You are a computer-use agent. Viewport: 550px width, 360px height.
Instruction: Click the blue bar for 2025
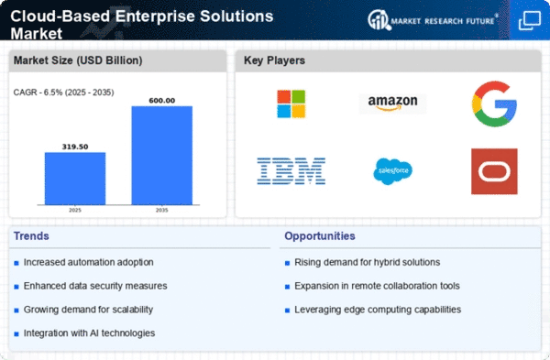tap(75, 179)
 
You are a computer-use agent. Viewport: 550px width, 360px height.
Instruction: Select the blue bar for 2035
tap(162, 156)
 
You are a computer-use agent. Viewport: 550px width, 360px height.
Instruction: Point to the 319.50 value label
tap(75, 147)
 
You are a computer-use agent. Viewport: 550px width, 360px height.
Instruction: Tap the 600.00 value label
tap(162, 101)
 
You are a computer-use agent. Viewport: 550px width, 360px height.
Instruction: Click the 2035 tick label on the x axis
tap(162, 210)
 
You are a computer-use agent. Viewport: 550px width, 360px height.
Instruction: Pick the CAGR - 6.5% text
tap(38, 93)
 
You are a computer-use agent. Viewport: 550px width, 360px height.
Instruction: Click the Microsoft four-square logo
tap(291, 104)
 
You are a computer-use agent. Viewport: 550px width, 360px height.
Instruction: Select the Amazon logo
tap(392, 103)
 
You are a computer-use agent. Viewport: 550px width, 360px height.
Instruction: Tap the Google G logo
tap(494, 104)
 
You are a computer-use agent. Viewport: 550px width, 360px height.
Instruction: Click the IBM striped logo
tap(291, 171)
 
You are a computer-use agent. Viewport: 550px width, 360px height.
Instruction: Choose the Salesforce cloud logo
tap(392, 171)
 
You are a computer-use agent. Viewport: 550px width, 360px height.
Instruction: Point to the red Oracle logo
tap(494, 171)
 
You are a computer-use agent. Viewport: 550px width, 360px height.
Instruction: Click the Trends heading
tap(31, 236)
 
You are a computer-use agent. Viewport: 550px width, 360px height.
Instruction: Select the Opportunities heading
tap(320, 236)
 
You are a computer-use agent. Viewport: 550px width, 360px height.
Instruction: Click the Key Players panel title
tap(274, 60)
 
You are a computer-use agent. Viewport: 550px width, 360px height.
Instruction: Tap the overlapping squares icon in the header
tap(530, 21)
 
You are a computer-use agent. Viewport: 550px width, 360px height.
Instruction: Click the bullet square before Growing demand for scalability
tap(16, 311)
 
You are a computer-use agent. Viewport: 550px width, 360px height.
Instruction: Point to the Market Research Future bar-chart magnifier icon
tap(379, 20)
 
